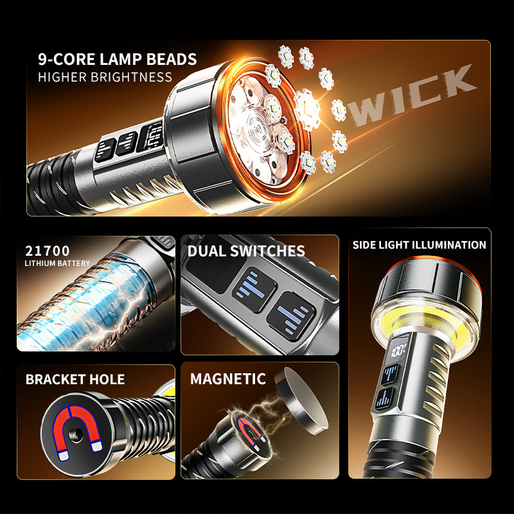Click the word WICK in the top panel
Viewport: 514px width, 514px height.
pos(411,95)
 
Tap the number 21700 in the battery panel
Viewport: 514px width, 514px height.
pos(47,251)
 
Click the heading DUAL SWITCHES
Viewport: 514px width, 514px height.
pos(246,251)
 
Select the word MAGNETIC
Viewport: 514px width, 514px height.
pos(228,379)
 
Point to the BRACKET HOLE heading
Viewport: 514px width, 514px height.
pos(75,379)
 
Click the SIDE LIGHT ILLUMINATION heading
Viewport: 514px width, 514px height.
pos(420,245)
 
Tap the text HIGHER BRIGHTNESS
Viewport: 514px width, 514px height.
pos(105,77)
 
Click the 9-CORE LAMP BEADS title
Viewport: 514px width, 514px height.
pos(118,59)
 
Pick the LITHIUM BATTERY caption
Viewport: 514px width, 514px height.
pos(57,263)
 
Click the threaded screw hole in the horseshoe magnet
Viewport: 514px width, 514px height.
pos(76,435)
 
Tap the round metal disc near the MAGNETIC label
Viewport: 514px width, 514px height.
pos(301,400)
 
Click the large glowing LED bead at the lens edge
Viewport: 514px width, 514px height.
pos(307,109)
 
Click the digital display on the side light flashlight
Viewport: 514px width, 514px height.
pos(398,351)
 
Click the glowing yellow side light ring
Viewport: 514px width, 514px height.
pos(426,319)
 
